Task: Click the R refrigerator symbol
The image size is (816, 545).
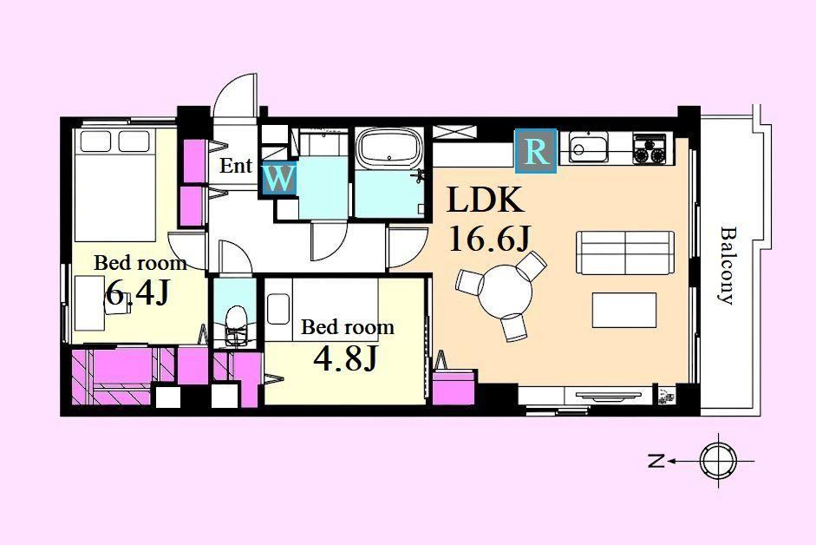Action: coord(536,151)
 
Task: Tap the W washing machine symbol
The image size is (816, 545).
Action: coord(279,179)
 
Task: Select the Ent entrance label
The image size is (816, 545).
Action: coord(236,166)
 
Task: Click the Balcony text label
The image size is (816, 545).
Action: coord(728,266)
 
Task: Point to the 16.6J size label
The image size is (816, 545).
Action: coord(489,240)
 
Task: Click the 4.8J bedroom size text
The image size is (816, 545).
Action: coord(345,358)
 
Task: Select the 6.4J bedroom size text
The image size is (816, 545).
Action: coord(137,294)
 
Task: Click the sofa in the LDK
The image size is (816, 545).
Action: coord(625,253)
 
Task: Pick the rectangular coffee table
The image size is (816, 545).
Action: coord(624,310)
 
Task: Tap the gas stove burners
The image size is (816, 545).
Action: coord(650,149)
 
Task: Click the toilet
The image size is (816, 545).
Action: coord(235,325)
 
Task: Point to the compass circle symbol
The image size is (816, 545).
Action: coord(719,461)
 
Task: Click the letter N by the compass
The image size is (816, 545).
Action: coord(656,461)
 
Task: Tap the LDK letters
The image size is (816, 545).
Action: coord(485,200)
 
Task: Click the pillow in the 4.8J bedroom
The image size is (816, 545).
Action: coord(278,310)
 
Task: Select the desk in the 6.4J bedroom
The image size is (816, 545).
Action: coord(90,303)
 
